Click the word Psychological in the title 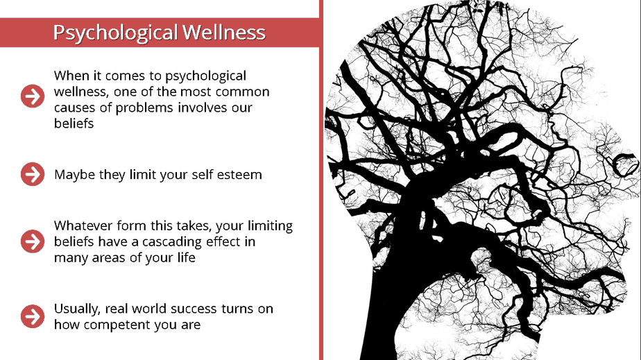115,33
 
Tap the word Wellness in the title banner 224,33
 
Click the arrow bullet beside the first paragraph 33,96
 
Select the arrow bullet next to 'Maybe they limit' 33,174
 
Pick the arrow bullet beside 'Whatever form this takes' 33,241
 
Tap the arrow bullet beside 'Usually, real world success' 33,316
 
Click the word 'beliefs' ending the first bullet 74,123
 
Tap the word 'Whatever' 83,225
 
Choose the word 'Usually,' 77,309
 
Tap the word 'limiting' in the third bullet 271,226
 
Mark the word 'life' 187,257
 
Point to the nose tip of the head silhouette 638,164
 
